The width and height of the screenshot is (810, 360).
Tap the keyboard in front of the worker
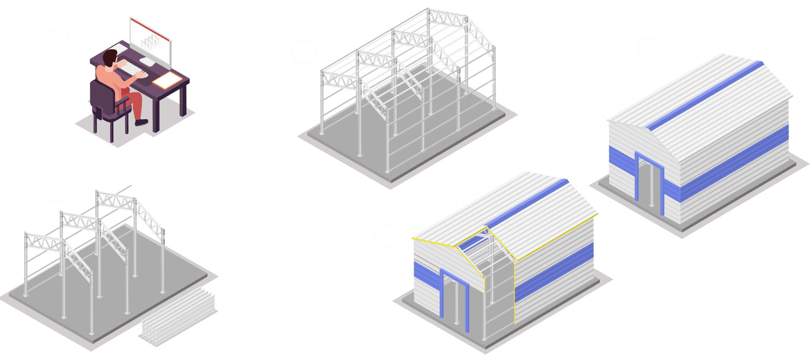pos(130,69)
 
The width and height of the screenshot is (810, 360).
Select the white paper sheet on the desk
pos(167,81)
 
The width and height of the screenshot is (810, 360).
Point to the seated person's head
pos(110,58)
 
